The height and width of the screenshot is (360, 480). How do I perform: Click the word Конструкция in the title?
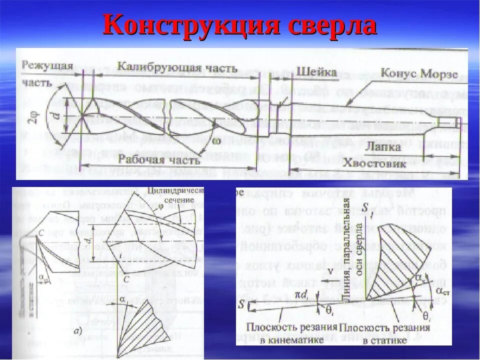[x=190, y=25]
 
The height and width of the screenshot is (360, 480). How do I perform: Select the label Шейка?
[x=316, y=71]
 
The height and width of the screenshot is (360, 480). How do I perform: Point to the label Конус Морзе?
[x=419, y=73]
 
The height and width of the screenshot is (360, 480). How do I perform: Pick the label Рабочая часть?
[x=159, y=160]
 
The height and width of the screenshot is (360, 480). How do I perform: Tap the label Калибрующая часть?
[x=177, y=67]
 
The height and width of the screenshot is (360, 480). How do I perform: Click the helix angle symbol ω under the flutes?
[x=216, y=141]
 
